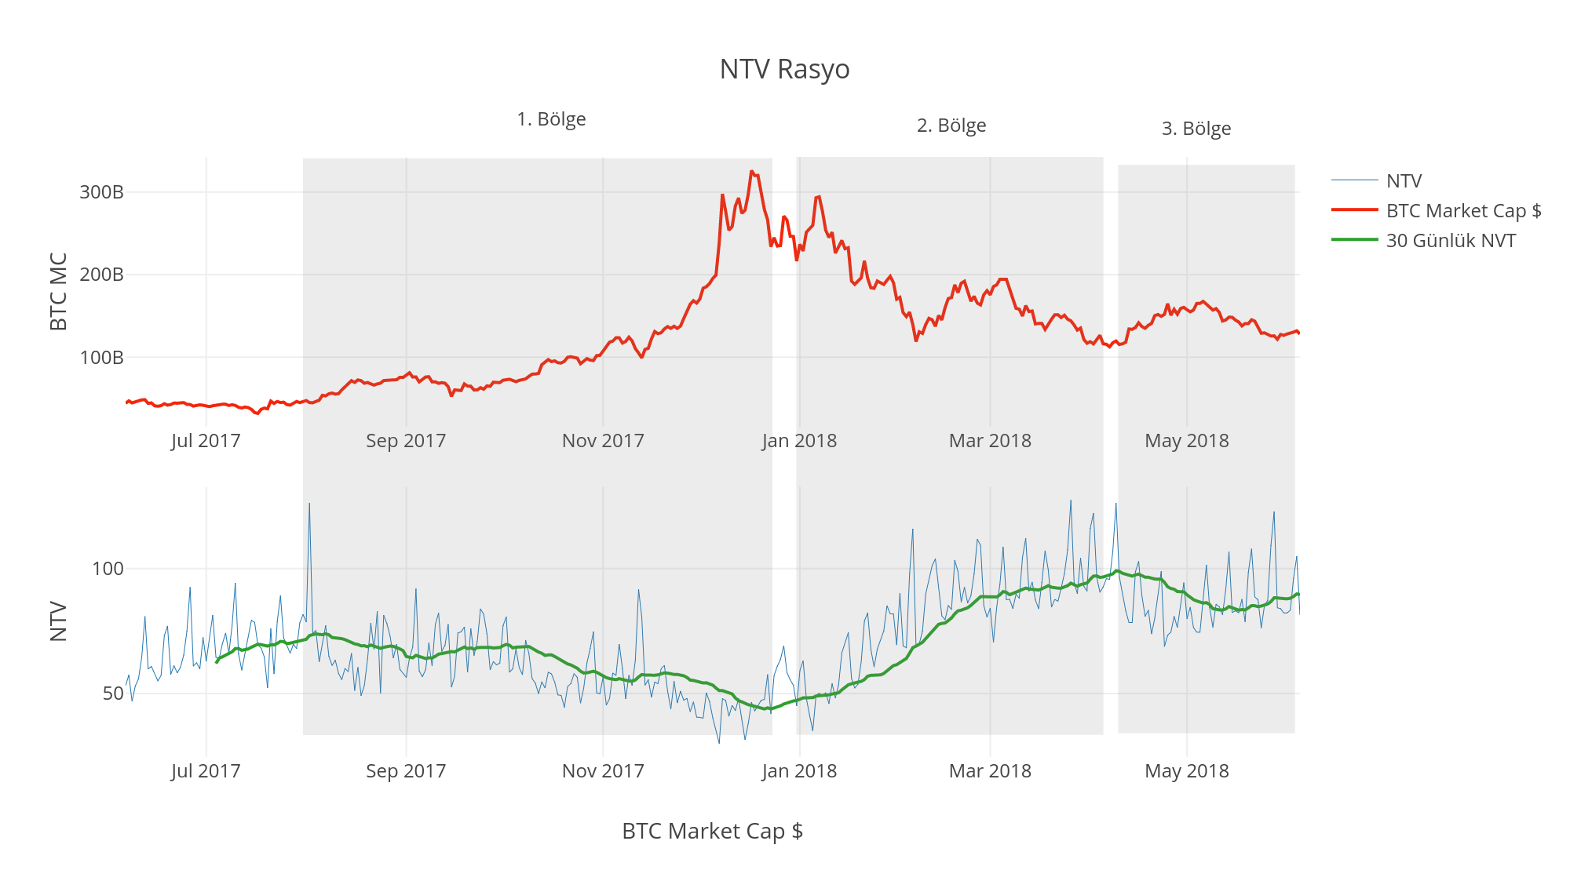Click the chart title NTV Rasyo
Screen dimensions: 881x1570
pyautogui.click(x=784, y=69)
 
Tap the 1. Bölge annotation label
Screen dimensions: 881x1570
pyautogui.click(x=551, y=119)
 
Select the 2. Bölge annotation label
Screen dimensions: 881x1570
pyautogui.click(x=951, y=126)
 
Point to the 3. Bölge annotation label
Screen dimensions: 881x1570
pyautogui.click(x=1196, y=129)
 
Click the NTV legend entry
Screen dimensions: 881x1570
pyautogui.click(x=1404, y=181)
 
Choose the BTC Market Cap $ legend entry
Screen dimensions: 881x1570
pyautogui.click(x=1463, y=211)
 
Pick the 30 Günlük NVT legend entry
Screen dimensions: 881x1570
pyautogui.click(x=1451, y=241)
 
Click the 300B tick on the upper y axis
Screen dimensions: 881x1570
pyautogui.click(x=101, y=192)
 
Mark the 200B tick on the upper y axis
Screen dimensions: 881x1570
pyautogui.click(x=101, y=275)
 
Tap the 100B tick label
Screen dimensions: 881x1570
pyautogui.click(x=101, y=358)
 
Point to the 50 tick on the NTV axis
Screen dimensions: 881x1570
pyautogui.click(x=113, y=694)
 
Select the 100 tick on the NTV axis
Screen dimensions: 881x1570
pyautogui.click(x=108, y=569)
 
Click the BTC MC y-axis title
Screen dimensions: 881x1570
pyautogui.click(x=59, y=292)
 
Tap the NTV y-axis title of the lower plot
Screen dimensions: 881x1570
pyautogui.click(x=59, y=621)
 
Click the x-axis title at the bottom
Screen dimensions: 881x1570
pyautogui.click(x=712, y=831)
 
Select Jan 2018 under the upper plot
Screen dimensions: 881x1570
pyautogui.click(x=799, y=441)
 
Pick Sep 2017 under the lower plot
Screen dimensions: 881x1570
pyautogui.click(x=406, y=771)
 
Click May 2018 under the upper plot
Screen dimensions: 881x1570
pyautogui.click(x=1187, y=441)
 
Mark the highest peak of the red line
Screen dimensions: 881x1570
pyautogui.click(x=751, y=171)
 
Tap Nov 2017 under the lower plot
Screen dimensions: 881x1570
pyautogui.click(x=603, y=771)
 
